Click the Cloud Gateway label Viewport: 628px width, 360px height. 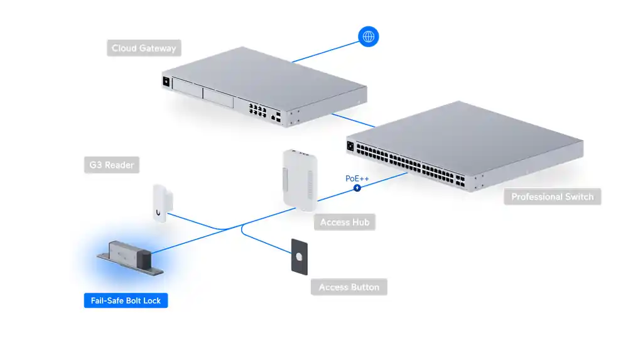point(144,48)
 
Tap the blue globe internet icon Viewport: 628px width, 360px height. point(368,36)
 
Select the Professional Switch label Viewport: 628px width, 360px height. point(552,197)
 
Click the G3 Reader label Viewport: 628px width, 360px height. point(111,166)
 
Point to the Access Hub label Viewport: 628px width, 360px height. point(344,222)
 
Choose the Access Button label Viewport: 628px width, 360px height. point(349,287)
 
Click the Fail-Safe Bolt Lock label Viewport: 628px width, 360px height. point(126,301)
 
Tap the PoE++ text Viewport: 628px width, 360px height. point(357,178)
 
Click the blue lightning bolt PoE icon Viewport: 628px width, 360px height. point(357,188)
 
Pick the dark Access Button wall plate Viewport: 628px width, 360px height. point(299,256)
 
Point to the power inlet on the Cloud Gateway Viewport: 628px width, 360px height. point(166,82)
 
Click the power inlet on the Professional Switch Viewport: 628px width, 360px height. point(350,147)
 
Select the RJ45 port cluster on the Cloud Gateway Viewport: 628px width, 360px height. point(257,111)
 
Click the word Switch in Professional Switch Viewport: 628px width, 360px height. point(578,197)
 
